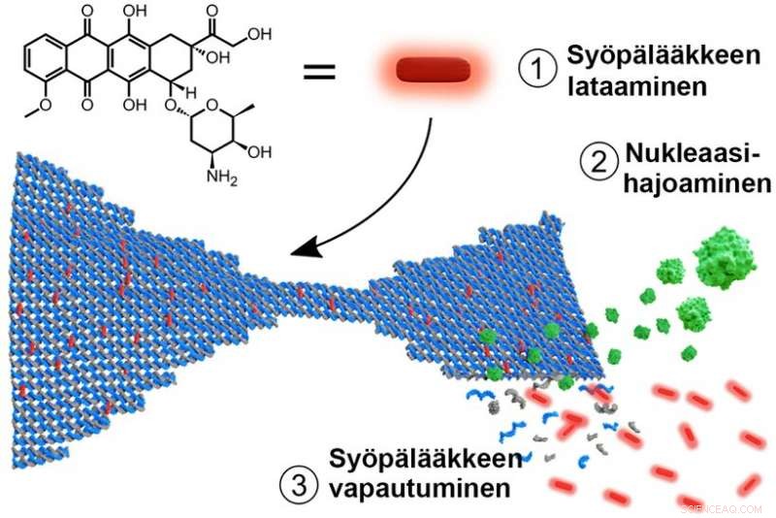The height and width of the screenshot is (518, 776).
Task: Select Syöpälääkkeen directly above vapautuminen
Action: [425, 458]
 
